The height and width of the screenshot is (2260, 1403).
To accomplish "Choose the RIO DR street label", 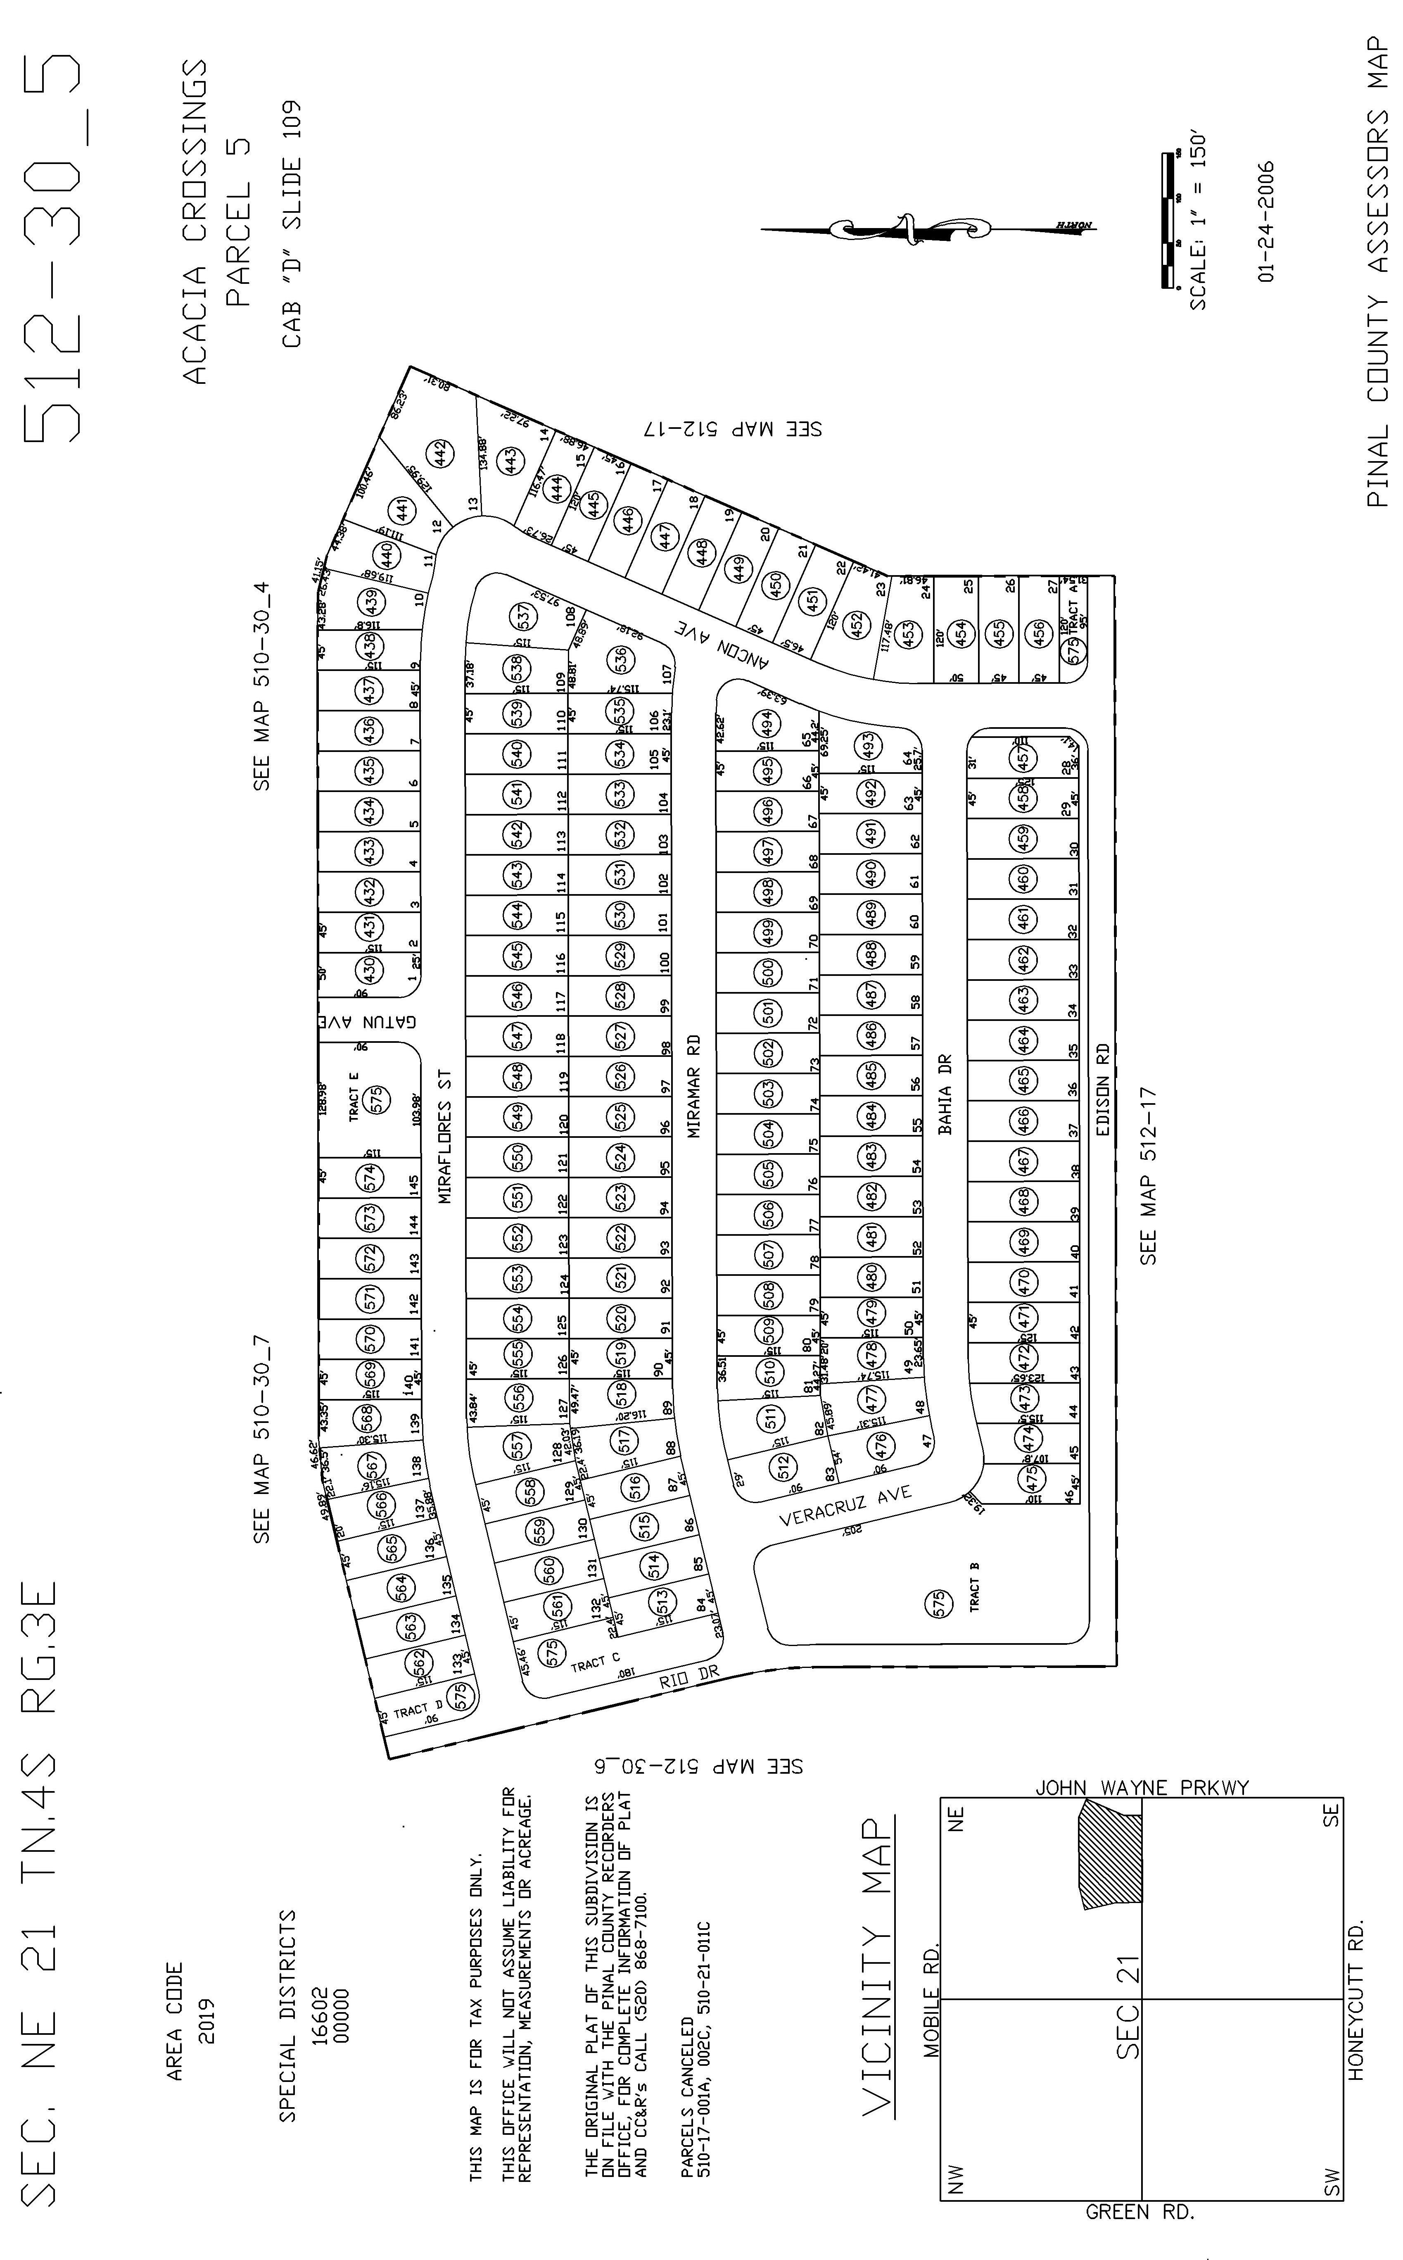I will (689, 1678).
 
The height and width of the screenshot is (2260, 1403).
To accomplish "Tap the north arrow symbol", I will (928, 227).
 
